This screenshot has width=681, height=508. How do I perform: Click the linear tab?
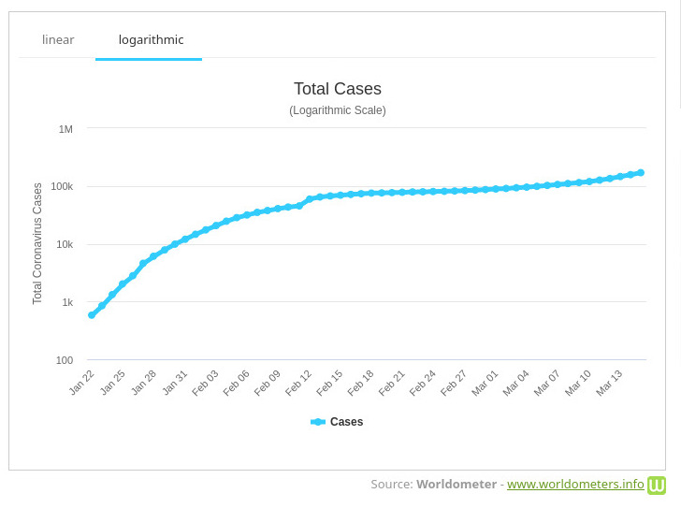[58, 40]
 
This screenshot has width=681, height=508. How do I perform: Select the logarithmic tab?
[151, 40]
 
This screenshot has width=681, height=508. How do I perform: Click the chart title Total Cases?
[337, 89]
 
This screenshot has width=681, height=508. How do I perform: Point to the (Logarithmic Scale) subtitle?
[337, 110]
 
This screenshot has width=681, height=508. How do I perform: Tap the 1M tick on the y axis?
[65, 129]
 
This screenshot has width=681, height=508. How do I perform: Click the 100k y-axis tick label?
[62, 186]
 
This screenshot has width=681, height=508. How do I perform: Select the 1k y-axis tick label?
[67, 302]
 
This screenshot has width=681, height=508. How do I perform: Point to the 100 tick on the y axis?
[64, 360]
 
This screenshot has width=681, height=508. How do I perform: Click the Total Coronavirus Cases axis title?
[37, 243]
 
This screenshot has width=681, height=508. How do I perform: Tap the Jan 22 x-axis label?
[82, 382]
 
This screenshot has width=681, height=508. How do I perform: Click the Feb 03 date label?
[206, 382]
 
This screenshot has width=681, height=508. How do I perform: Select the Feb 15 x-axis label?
[329, 382]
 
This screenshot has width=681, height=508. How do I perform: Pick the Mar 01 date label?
[485, 382]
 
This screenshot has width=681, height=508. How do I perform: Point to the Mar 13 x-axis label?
[609, 382]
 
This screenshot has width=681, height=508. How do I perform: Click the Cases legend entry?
[338, 422]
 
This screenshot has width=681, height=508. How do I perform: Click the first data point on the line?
[92, 315]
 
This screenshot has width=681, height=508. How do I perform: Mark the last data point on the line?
[641, 172]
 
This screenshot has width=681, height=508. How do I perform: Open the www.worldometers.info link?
[575, 485]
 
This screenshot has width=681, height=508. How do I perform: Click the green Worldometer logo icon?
[657, 485]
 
